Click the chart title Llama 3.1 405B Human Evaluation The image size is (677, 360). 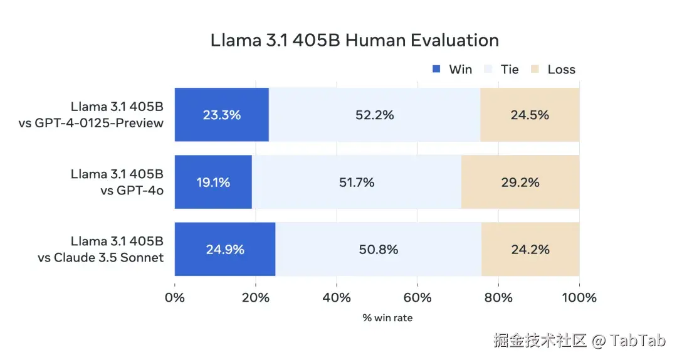coord(355,40)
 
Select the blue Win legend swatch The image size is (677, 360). coord(437,69)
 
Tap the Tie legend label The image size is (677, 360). coord(510,69)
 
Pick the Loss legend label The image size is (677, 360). coord(561,69)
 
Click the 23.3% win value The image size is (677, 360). coord(221,115)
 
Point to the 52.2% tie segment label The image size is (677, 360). coord(374,115)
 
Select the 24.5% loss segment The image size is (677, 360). coord(530,115)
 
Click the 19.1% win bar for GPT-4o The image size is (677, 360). coord(213,183)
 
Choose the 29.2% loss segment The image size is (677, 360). coord(520,183)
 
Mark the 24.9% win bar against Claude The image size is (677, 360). coord(225,249)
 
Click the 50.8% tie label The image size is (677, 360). coord(378,249)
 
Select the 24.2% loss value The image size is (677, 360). coord(530,249)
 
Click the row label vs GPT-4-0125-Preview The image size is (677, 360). coord(92,123)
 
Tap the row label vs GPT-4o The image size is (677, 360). coord(132,191)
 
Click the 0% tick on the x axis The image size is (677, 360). coord(174,297)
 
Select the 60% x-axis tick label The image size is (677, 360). coord(417,297)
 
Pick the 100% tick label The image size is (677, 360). coord(579,297)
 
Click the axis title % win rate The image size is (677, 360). coord(387,318)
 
